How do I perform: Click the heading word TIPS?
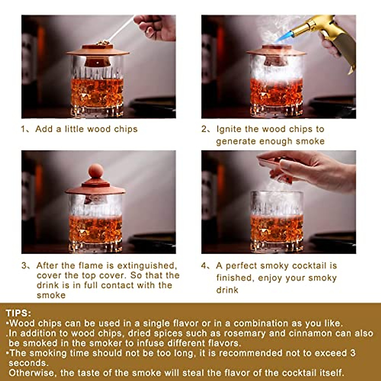pos(18,313)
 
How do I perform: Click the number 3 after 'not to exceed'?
pos(353,353)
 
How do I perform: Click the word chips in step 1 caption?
pos(126,129)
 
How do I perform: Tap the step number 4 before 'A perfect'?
pos(204,265)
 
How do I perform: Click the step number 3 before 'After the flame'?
pos(24,265)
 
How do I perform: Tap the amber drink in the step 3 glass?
pos(95,229)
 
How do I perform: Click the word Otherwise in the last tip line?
pos(31,372)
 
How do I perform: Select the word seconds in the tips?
pos(28,363)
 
